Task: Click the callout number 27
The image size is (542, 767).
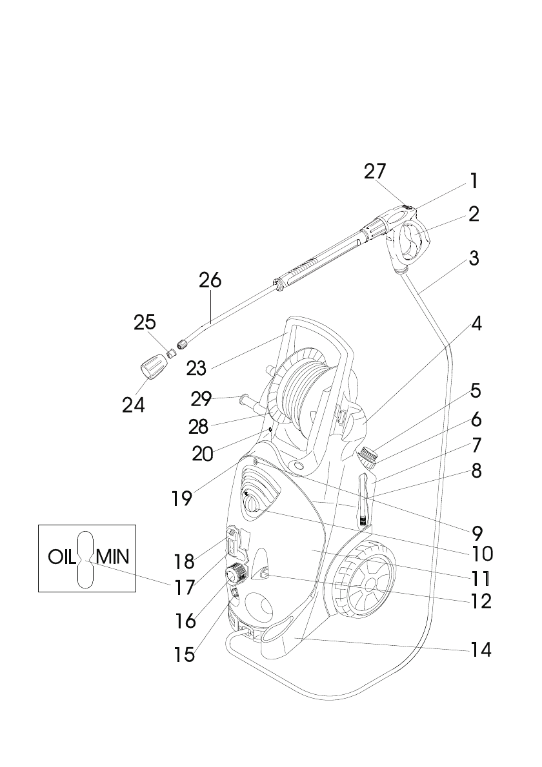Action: (375, 171)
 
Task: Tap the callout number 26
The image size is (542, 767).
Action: (210, 280)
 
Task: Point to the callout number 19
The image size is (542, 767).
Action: (182, 498)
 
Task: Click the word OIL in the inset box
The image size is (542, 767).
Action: (62, 556)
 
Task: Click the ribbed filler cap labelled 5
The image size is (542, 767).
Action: (368, 457)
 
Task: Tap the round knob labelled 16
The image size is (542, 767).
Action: (234, 572)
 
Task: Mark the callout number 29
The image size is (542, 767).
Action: (201, 399)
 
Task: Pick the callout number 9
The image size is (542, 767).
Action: (477, 532)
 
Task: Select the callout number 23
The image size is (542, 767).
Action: (196, 367)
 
